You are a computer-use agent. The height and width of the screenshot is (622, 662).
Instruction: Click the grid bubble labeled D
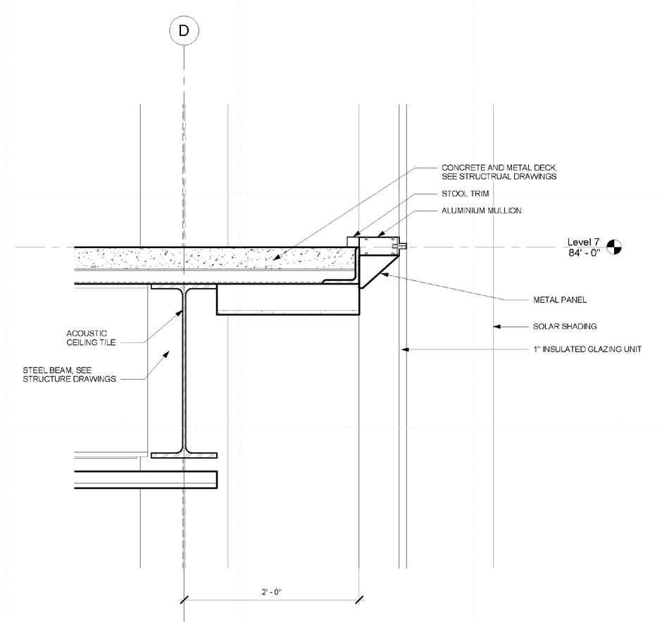pos(184,30)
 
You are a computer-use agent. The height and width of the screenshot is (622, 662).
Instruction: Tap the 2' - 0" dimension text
pos(271,592)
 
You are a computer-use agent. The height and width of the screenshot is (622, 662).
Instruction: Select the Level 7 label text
pos(584,242)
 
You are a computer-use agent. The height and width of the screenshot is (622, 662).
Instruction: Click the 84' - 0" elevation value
pos(584,253)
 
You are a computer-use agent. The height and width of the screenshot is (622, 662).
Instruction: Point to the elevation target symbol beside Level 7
pos(615,247)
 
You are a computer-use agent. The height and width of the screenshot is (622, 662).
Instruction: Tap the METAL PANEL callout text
pos(559,300)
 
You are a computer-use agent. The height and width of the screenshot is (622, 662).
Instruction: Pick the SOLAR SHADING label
pos(565,326)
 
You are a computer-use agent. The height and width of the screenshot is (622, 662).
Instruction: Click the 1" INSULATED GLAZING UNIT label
pos(587,349)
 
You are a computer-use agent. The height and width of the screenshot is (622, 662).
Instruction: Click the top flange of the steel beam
pos(184,287)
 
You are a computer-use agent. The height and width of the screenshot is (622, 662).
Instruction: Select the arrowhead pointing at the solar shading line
pos(496,326)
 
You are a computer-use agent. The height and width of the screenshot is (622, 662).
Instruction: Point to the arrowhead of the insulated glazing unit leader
pos(404,349)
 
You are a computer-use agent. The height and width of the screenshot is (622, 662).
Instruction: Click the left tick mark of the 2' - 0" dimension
pos(184,600)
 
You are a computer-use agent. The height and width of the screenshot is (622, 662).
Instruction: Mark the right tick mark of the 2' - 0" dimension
pos(360,600)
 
